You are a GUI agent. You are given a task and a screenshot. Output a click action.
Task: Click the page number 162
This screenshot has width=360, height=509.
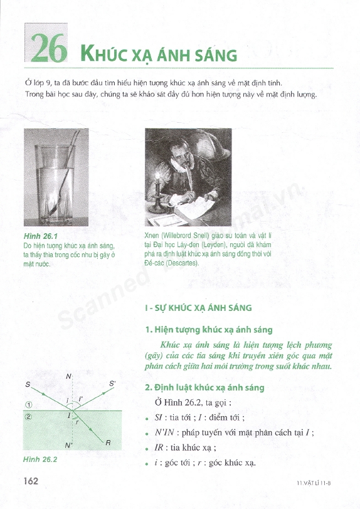coord(31,480)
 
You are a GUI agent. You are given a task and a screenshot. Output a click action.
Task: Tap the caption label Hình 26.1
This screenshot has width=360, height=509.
coord(41,236)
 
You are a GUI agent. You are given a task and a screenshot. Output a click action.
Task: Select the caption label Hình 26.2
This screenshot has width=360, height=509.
coord(40,459)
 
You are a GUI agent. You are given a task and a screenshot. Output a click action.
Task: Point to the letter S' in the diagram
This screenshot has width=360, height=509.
coord(112,384)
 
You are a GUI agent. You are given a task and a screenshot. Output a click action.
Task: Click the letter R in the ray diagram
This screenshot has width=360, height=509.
coord(109,443)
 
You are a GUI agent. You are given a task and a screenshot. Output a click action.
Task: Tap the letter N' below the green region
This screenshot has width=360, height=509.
coord(68,445)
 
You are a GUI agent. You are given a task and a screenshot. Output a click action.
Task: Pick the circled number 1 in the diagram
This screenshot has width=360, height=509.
coord(29,405)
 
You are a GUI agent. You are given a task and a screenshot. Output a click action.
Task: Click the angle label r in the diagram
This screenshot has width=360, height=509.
coord(77,422)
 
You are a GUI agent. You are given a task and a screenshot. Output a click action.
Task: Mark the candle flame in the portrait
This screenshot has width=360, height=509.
coord(157,176)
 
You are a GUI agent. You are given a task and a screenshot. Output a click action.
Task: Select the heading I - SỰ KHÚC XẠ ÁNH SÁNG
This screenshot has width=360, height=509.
coord(198,307)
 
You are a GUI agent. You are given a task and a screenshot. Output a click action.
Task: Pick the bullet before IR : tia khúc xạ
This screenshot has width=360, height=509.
coord(147,449)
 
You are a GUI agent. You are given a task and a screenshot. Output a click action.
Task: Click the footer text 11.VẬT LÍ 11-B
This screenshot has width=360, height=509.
coord(314,483)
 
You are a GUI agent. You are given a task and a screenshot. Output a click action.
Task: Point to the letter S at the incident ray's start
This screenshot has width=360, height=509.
coord(28,385)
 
